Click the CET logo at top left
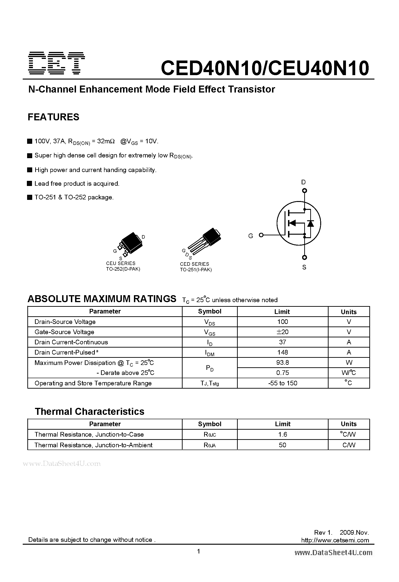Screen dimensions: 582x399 pyautogui.click(x=57, y=63)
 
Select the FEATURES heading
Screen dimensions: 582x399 pyautogui.click(x=53, y=117)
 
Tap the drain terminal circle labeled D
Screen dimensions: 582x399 pyautogui.click(x=304, y=191)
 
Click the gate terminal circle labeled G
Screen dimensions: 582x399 pyautogui.click(x=261, y=235)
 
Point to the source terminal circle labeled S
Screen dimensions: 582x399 pyautogui.click(x=304, y=257)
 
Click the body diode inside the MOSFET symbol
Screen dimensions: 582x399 pyautogui.click(x=310, y=223)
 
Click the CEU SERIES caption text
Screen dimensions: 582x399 pyautogui.click(x=121, y=263)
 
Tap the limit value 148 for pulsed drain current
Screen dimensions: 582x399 pyautogui.click(x=282, y=352)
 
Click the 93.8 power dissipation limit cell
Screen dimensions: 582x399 pyautogui.click(x=282, y=362)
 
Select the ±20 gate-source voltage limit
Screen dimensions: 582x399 pyautogui.click(x=282, y=332)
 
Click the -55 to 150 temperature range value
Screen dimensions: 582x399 pyautogui.click(x=282, y=383)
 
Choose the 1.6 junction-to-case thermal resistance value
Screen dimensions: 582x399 pyautogui.click(x=282, y=435)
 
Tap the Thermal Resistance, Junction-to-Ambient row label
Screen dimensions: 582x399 pyautogui.click(x=93, y=445)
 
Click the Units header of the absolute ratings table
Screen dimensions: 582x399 pyautogui.click(x=348, y=312)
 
